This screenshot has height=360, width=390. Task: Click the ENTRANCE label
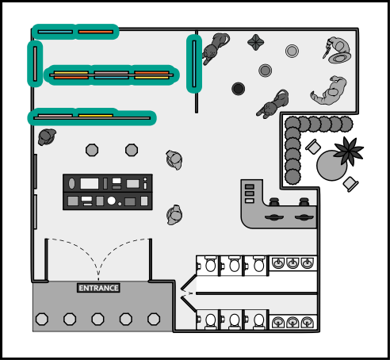pos(98,288)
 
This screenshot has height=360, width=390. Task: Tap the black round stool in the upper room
pos(238,89)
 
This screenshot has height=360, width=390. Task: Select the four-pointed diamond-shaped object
pos(255,42)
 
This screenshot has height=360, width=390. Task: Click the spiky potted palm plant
pos(348,151)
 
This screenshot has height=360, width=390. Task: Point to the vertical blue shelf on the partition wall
pos(194,63)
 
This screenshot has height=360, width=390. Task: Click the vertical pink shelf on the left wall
pos(35,63)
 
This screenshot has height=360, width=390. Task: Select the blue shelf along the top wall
pos(55,32)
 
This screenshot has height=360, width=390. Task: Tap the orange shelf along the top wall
pos(96,32)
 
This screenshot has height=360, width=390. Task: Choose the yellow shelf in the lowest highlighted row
pos(96,116)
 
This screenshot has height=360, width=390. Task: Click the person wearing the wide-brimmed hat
pos(338,51)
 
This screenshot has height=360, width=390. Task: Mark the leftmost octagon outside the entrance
pos(42,319)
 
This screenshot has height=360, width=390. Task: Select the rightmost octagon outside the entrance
pos(154,319)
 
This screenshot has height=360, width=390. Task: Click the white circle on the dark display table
pos(112,201)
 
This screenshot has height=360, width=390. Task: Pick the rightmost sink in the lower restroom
pos(307,322)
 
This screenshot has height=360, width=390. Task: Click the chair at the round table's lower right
pos(350,183)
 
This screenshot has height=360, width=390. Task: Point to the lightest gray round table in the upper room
pos(292,51)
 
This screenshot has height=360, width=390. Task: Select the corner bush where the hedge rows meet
pos(292,124)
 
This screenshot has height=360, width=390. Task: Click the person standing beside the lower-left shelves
pos(47,136)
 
